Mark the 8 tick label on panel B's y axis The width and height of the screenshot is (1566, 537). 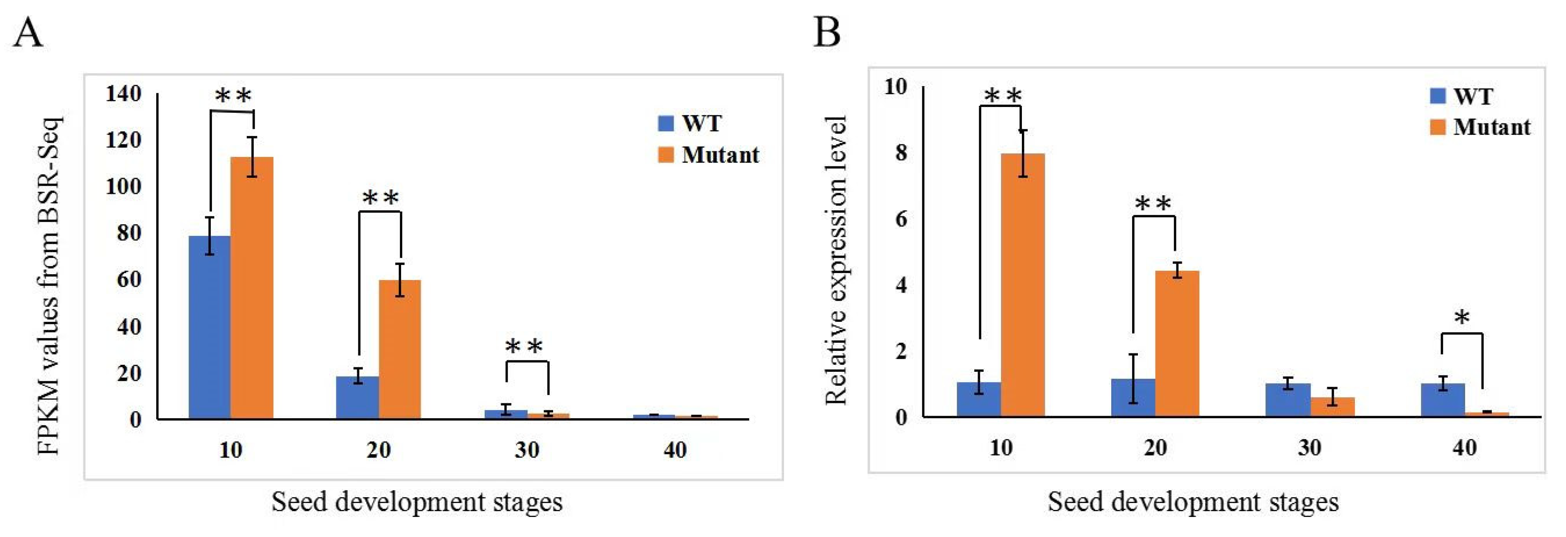(x=901, y=152)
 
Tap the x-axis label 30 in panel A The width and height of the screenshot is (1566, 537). (x=527, y=450)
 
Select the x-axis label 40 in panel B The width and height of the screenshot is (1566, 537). (x=1464, y=448)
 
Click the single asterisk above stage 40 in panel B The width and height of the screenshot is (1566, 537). (x=1461, y=318)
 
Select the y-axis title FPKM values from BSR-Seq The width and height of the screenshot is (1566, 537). (x=49, y=285)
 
